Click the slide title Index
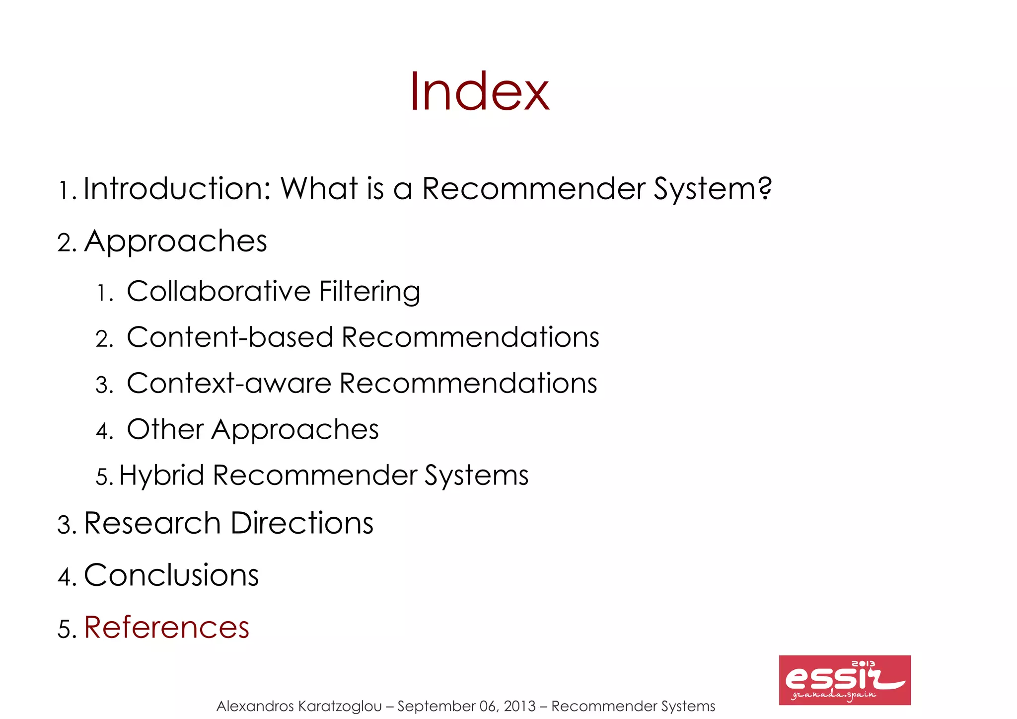479,92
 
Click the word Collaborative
218,291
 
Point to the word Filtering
369,292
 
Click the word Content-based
229,337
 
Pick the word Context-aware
228,384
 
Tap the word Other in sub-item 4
165,429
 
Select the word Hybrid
161,476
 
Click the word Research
152,524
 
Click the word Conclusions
171,575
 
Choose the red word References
166,628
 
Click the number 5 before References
65,629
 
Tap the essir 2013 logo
844,680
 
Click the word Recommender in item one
533,189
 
